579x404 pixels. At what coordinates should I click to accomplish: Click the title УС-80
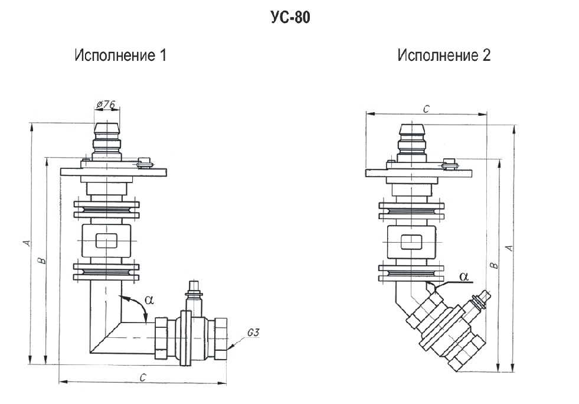pos(289,18)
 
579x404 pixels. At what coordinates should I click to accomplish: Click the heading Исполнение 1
pos(120,56)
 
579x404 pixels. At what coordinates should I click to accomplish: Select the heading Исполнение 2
pos(444,56)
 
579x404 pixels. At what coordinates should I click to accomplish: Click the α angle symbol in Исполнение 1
pos(149,300)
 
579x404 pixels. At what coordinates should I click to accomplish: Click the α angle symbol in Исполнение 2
pos(463,276)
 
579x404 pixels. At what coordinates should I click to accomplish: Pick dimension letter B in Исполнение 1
pos(41,260)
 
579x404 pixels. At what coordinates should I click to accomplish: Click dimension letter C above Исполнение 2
pos(426,109)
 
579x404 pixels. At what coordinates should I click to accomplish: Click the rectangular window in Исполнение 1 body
pos(106,242)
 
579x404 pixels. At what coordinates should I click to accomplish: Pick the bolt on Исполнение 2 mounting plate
pos(450,162)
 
